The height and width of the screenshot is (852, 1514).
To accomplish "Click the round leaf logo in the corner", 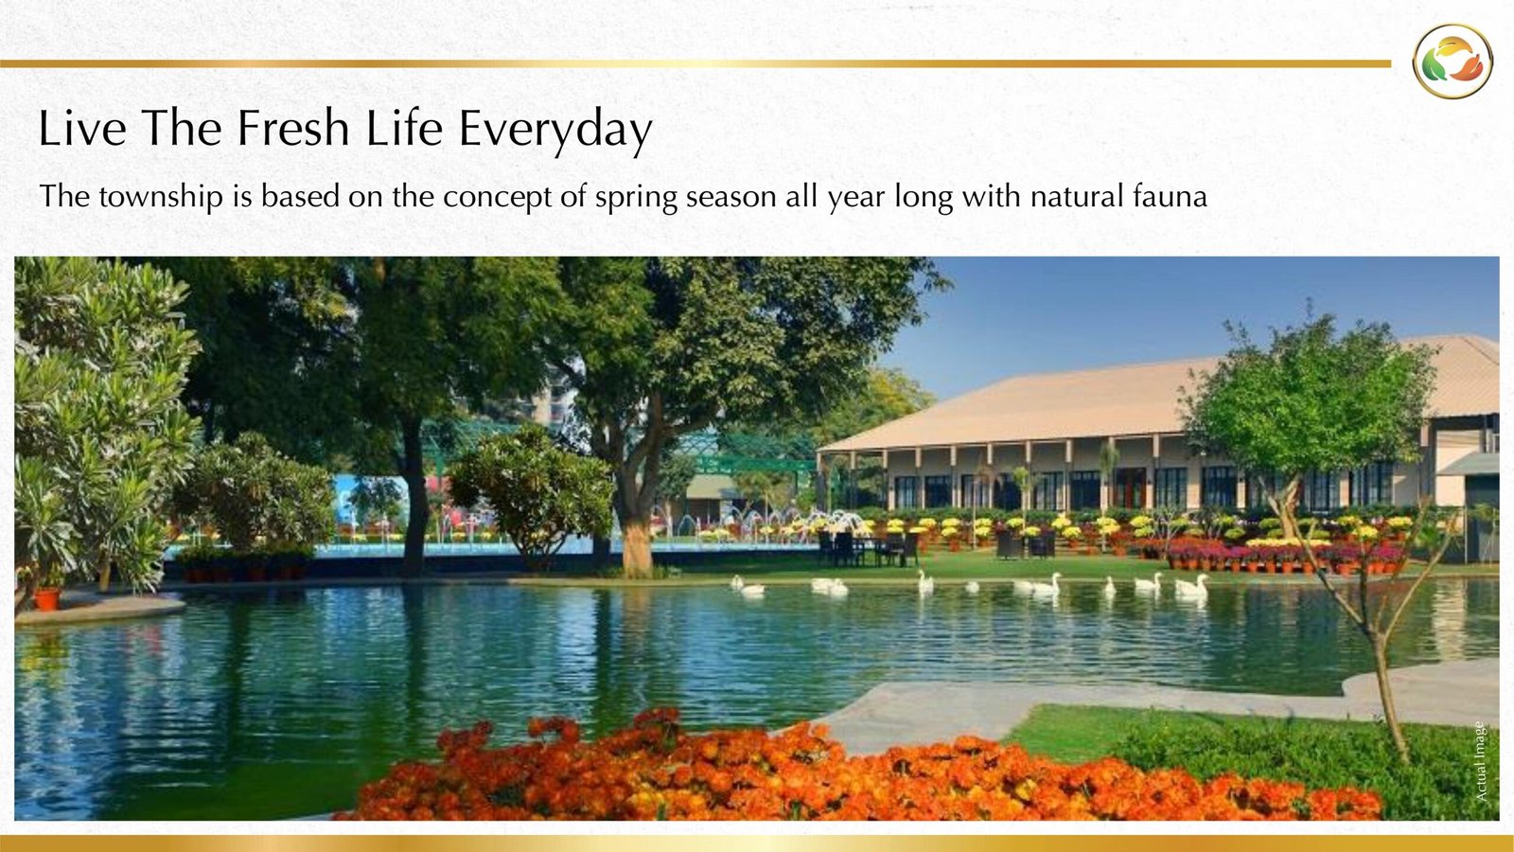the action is coord(1452,62).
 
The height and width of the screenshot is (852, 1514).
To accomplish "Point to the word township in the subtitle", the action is coord(160,197).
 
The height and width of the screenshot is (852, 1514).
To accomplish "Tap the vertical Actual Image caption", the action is coord(1481,761).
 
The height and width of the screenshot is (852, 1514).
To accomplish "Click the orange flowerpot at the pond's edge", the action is coord(47,598).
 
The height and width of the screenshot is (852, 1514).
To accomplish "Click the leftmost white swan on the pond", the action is coord(748,586).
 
